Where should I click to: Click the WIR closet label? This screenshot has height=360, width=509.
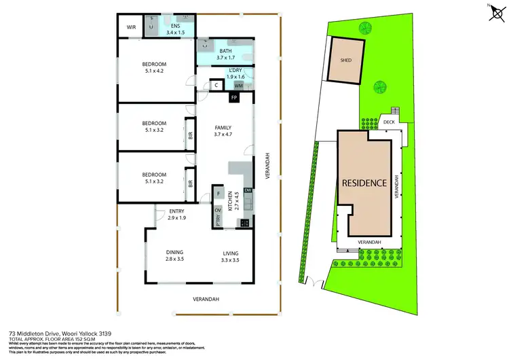pyautogui.click(x=132, y=28)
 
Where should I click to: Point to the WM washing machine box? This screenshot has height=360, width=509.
pyautogui.click(x=238, y=86)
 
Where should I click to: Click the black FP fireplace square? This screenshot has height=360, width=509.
pyautogui.click(x=233, y=98)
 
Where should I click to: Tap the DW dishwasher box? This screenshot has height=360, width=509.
pyautogui.click(x=248, y=190)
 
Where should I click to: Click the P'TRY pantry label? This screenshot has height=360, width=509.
pyautogui.click(x=219, y=221)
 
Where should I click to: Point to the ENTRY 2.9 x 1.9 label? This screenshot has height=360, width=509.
pyautogui.click(x=176, y=215)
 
